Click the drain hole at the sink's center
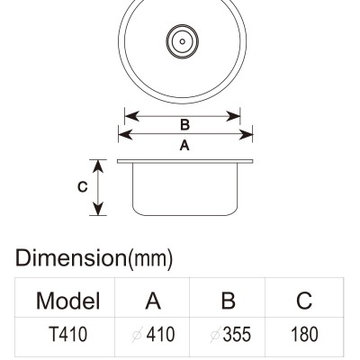click(x=182, y=41)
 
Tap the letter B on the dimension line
click(x=184, y=125)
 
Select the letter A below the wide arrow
click(x=184, y=146)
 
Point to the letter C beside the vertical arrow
click(x=82, y=187)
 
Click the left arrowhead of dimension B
click(x=131, y=116)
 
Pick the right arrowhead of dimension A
click(x=246, y=135)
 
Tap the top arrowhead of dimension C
click(x=98, y=166)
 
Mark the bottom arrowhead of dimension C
click(x=98, y=209)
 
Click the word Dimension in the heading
click(x=71, y=258)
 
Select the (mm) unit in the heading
click(x=150, y=259)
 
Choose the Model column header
click(x=67, y=301)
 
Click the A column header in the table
click(x=153, y=301)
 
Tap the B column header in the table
click(x=228, y=301)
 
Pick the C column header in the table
click(x=304, y=301)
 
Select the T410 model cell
click(x=68, y=334)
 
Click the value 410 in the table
click(x=160, y=334)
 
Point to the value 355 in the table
click(x=237, y=334)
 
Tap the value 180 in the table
click(x=304, y=334)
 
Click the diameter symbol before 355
click(x=216, y=335)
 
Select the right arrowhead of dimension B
click(x=233, y=116)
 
